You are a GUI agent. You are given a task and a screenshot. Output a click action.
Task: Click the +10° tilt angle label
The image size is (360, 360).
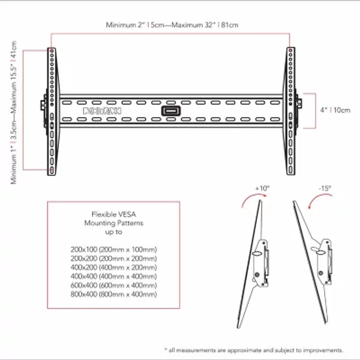261,188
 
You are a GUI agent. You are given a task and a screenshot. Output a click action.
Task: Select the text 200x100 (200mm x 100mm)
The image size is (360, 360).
113,249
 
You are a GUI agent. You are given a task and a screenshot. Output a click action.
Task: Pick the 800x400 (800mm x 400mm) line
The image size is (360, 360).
113,294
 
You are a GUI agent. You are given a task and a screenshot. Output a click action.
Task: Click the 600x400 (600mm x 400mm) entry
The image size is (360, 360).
113,285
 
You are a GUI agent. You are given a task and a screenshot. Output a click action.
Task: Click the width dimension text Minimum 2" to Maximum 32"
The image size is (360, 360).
172,25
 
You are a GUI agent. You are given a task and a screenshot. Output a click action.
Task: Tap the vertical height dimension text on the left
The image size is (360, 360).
14,112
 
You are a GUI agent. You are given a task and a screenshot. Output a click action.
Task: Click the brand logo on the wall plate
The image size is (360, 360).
102,110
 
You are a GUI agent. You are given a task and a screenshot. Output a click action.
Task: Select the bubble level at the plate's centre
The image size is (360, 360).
171,111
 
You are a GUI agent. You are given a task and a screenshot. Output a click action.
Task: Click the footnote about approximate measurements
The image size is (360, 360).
254,350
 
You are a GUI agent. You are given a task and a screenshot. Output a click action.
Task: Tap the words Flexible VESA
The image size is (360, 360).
113,214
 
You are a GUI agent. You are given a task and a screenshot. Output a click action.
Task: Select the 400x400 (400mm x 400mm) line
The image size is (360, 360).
113,276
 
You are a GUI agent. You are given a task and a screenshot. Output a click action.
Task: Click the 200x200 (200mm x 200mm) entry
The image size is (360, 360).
113,258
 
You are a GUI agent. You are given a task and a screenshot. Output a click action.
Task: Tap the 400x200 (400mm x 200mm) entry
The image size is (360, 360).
113,267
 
